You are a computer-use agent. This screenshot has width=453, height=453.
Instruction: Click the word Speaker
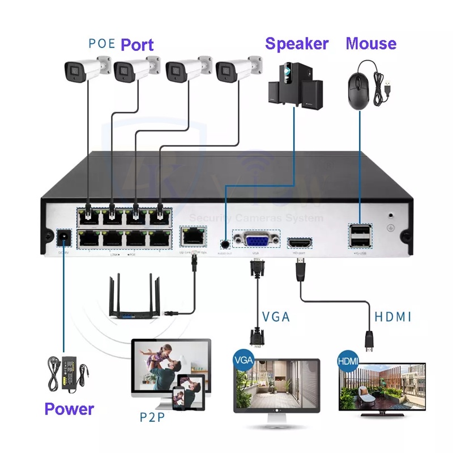point(297,44)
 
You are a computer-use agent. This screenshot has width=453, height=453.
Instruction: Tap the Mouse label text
point(371,44)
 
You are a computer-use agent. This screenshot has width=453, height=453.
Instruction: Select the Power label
point(69,408)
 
